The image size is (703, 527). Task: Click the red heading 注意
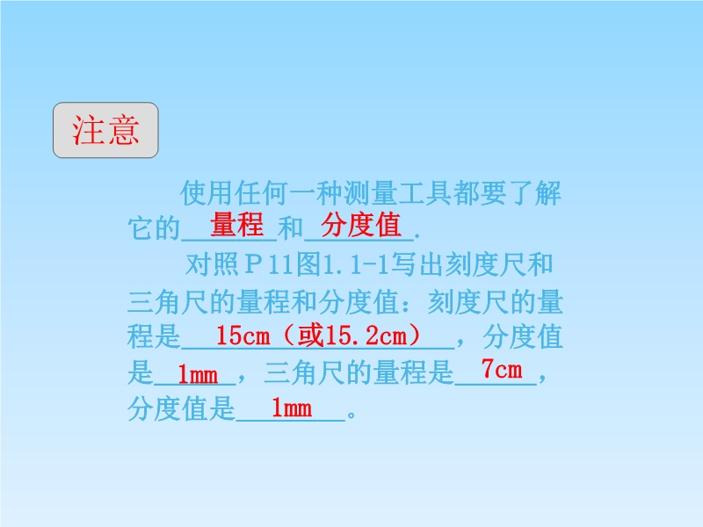coord(105,130)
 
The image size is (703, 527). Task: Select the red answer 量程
coord(236,224)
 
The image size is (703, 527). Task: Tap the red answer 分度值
coord(361,225)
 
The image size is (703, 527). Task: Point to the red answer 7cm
coord(502,370)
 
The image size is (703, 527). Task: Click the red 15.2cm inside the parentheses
coord(366,336)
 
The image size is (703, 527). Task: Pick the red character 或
coord(311,336)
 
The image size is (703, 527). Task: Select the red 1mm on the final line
coord(292,408)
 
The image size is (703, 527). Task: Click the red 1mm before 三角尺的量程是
coord(198,374)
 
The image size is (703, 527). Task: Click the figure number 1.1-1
coord(356,265)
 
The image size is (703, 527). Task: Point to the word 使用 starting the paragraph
coord(207,193)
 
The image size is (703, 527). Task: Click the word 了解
coord(534,193)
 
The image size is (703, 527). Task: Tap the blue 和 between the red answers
coord(291,228)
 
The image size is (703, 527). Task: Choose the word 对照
coord(213,264)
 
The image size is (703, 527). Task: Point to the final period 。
coord(351,414)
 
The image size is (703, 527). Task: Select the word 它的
coord(154,228)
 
